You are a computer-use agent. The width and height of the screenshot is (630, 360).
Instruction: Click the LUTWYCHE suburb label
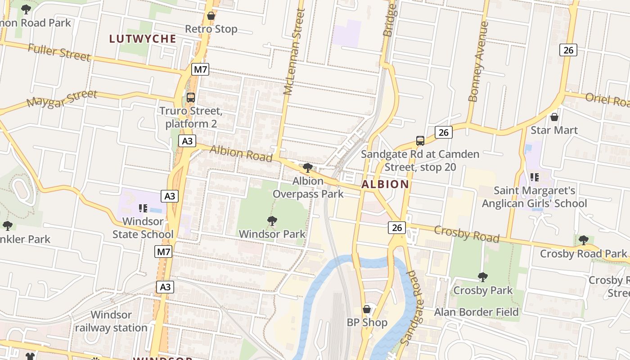142,39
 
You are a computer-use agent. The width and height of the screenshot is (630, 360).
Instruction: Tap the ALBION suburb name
385,184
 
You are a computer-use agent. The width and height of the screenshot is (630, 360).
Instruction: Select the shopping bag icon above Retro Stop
211,16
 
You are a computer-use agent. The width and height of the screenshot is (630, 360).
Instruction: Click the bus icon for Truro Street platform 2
191,98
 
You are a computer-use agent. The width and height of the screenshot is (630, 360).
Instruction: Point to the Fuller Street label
59,52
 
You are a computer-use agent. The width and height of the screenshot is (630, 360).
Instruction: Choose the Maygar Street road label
62,99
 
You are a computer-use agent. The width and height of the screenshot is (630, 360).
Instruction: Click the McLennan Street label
295,52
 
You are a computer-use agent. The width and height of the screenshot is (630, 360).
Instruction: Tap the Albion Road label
241,153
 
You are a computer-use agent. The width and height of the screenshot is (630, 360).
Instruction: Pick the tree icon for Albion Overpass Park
308,168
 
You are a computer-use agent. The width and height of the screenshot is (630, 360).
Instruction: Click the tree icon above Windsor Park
272,221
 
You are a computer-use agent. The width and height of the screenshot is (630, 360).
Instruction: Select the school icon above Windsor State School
143,208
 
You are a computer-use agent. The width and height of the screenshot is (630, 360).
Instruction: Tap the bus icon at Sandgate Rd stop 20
420,141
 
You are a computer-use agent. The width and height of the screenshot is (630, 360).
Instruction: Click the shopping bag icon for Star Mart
554,117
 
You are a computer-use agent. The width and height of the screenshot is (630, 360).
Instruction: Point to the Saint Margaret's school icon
535,177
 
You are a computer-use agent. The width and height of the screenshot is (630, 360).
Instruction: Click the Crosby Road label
467,234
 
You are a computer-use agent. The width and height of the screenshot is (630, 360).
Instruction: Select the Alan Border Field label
477,312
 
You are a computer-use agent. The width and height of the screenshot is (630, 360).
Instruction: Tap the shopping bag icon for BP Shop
367,309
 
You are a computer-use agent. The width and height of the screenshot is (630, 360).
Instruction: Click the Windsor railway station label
111,321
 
